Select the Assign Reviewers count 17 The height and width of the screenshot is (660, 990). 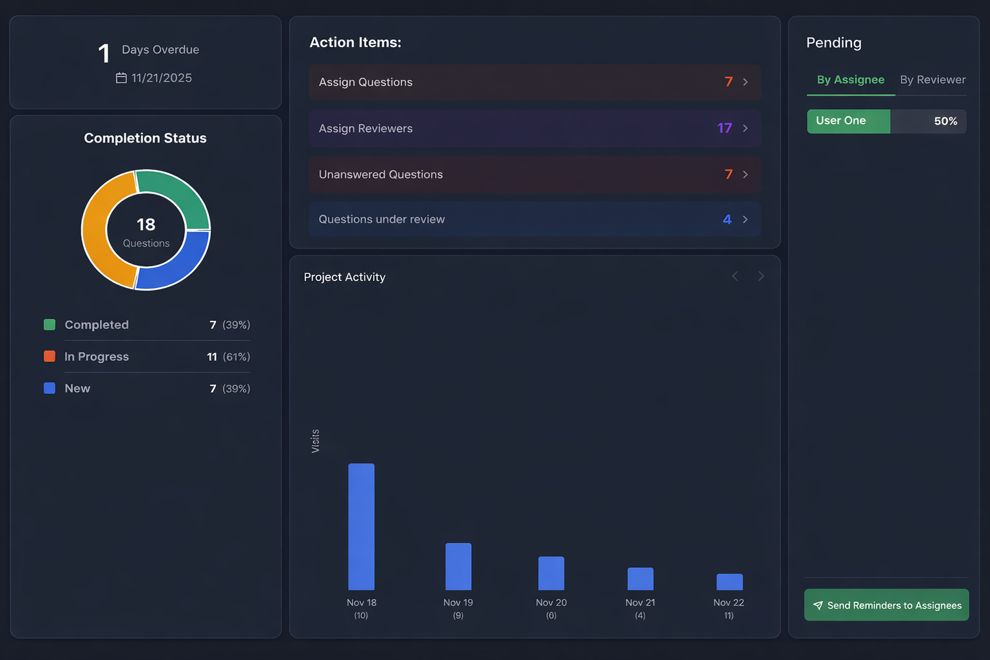click(x=724, y=128)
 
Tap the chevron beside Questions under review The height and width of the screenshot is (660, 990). click(x=745, y=220)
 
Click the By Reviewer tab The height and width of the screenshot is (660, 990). click(x=932, y=80)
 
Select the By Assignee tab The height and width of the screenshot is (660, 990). click(x=850, y=80)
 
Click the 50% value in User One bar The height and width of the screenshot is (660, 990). click(x=945, y=121)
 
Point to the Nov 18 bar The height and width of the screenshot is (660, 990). click(x=361, y=527)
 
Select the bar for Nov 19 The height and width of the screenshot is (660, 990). click(x=458, y=567)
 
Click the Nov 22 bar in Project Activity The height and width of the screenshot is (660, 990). click(x=729, y=582)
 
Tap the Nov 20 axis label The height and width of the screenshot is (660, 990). click(x=551, y=603)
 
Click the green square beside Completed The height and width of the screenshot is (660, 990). click(x=50, y=325)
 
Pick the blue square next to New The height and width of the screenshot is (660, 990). click(x=50, y=389)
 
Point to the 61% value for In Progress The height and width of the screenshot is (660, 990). click(x=236, y=357)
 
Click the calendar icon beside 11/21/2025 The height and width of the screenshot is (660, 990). click(x=121, y=78)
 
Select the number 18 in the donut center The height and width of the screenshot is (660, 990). click(x=146, y=224)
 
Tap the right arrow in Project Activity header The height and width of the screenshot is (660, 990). click(x=761, y=277)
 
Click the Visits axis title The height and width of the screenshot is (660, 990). click(x=315, y=441)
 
